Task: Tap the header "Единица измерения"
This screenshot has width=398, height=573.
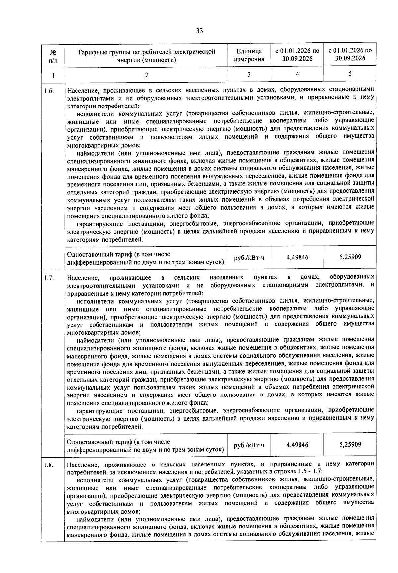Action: coord(249,55)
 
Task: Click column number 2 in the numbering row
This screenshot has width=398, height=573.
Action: coord(146,75)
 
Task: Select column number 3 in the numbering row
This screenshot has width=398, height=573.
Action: coord(249,74)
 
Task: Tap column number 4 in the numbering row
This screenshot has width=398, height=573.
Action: coord(297,74)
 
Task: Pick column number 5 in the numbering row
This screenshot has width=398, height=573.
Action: coord(350,74)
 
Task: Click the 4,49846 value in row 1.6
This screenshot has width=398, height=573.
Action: coord(297,257)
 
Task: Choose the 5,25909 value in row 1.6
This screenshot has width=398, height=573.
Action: coord(350,257)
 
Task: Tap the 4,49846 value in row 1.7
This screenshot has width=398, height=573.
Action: coord(297,445)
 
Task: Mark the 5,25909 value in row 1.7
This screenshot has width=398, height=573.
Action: coord(350,444)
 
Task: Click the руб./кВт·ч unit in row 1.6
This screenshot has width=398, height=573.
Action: coord(249,257)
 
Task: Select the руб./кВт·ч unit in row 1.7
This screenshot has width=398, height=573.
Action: coord(249,445)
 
